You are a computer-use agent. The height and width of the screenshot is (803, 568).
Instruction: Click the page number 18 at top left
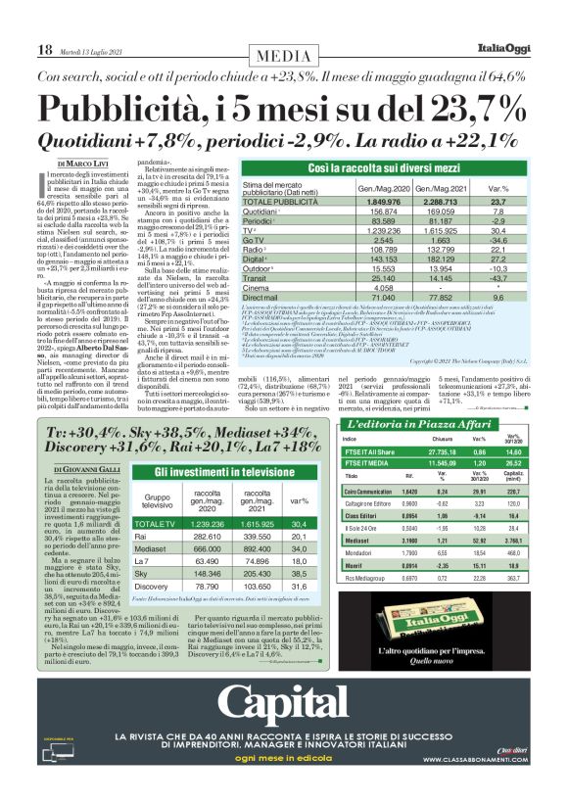45,49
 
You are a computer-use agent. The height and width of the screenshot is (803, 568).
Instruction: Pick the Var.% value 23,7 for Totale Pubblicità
497,200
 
